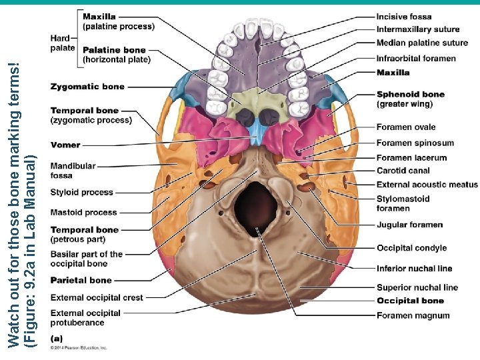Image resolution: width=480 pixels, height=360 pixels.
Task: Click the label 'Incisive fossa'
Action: (x=403, y=17)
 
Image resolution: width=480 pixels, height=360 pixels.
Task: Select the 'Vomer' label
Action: (x=65, y=145)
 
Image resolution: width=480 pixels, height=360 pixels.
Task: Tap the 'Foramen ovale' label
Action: (x=405, y=127)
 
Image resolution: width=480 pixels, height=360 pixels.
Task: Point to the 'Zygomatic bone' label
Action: (x=87, y=87)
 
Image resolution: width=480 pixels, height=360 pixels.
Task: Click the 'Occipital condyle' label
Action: (x=411, y=248)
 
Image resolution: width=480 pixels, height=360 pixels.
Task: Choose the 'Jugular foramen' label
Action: (x=409, y=225)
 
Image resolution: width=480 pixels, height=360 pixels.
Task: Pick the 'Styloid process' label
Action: (x=82, y=193)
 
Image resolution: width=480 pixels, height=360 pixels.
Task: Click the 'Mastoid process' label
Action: (x=83, y=213)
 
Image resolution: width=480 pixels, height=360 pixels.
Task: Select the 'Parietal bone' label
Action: (x=81, y=281)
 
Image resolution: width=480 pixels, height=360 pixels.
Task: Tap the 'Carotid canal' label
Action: (x=403, y=171)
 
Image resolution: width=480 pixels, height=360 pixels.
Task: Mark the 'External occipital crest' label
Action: (x=97, y=298)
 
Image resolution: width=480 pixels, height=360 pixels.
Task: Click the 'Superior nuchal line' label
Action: (x=417, y=287)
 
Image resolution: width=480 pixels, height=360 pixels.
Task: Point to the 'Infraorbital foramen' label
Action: (x=416, y=59)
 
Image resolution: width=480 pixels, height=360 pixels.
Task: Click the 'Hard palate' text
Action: (x=62, y=43)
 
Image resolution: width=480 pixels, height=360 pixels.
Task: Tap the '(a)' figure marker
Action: (x=57, y=339)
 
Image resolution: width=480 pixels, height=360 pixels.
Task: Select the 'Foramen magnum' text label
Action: (x=413, y=315)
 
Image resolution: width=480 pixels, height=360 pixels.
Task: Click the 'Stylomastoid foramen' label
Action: (x=403, y=203)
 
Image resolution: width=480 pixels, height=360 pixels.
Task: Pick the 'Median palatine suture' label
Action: (x=421, y=43)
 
